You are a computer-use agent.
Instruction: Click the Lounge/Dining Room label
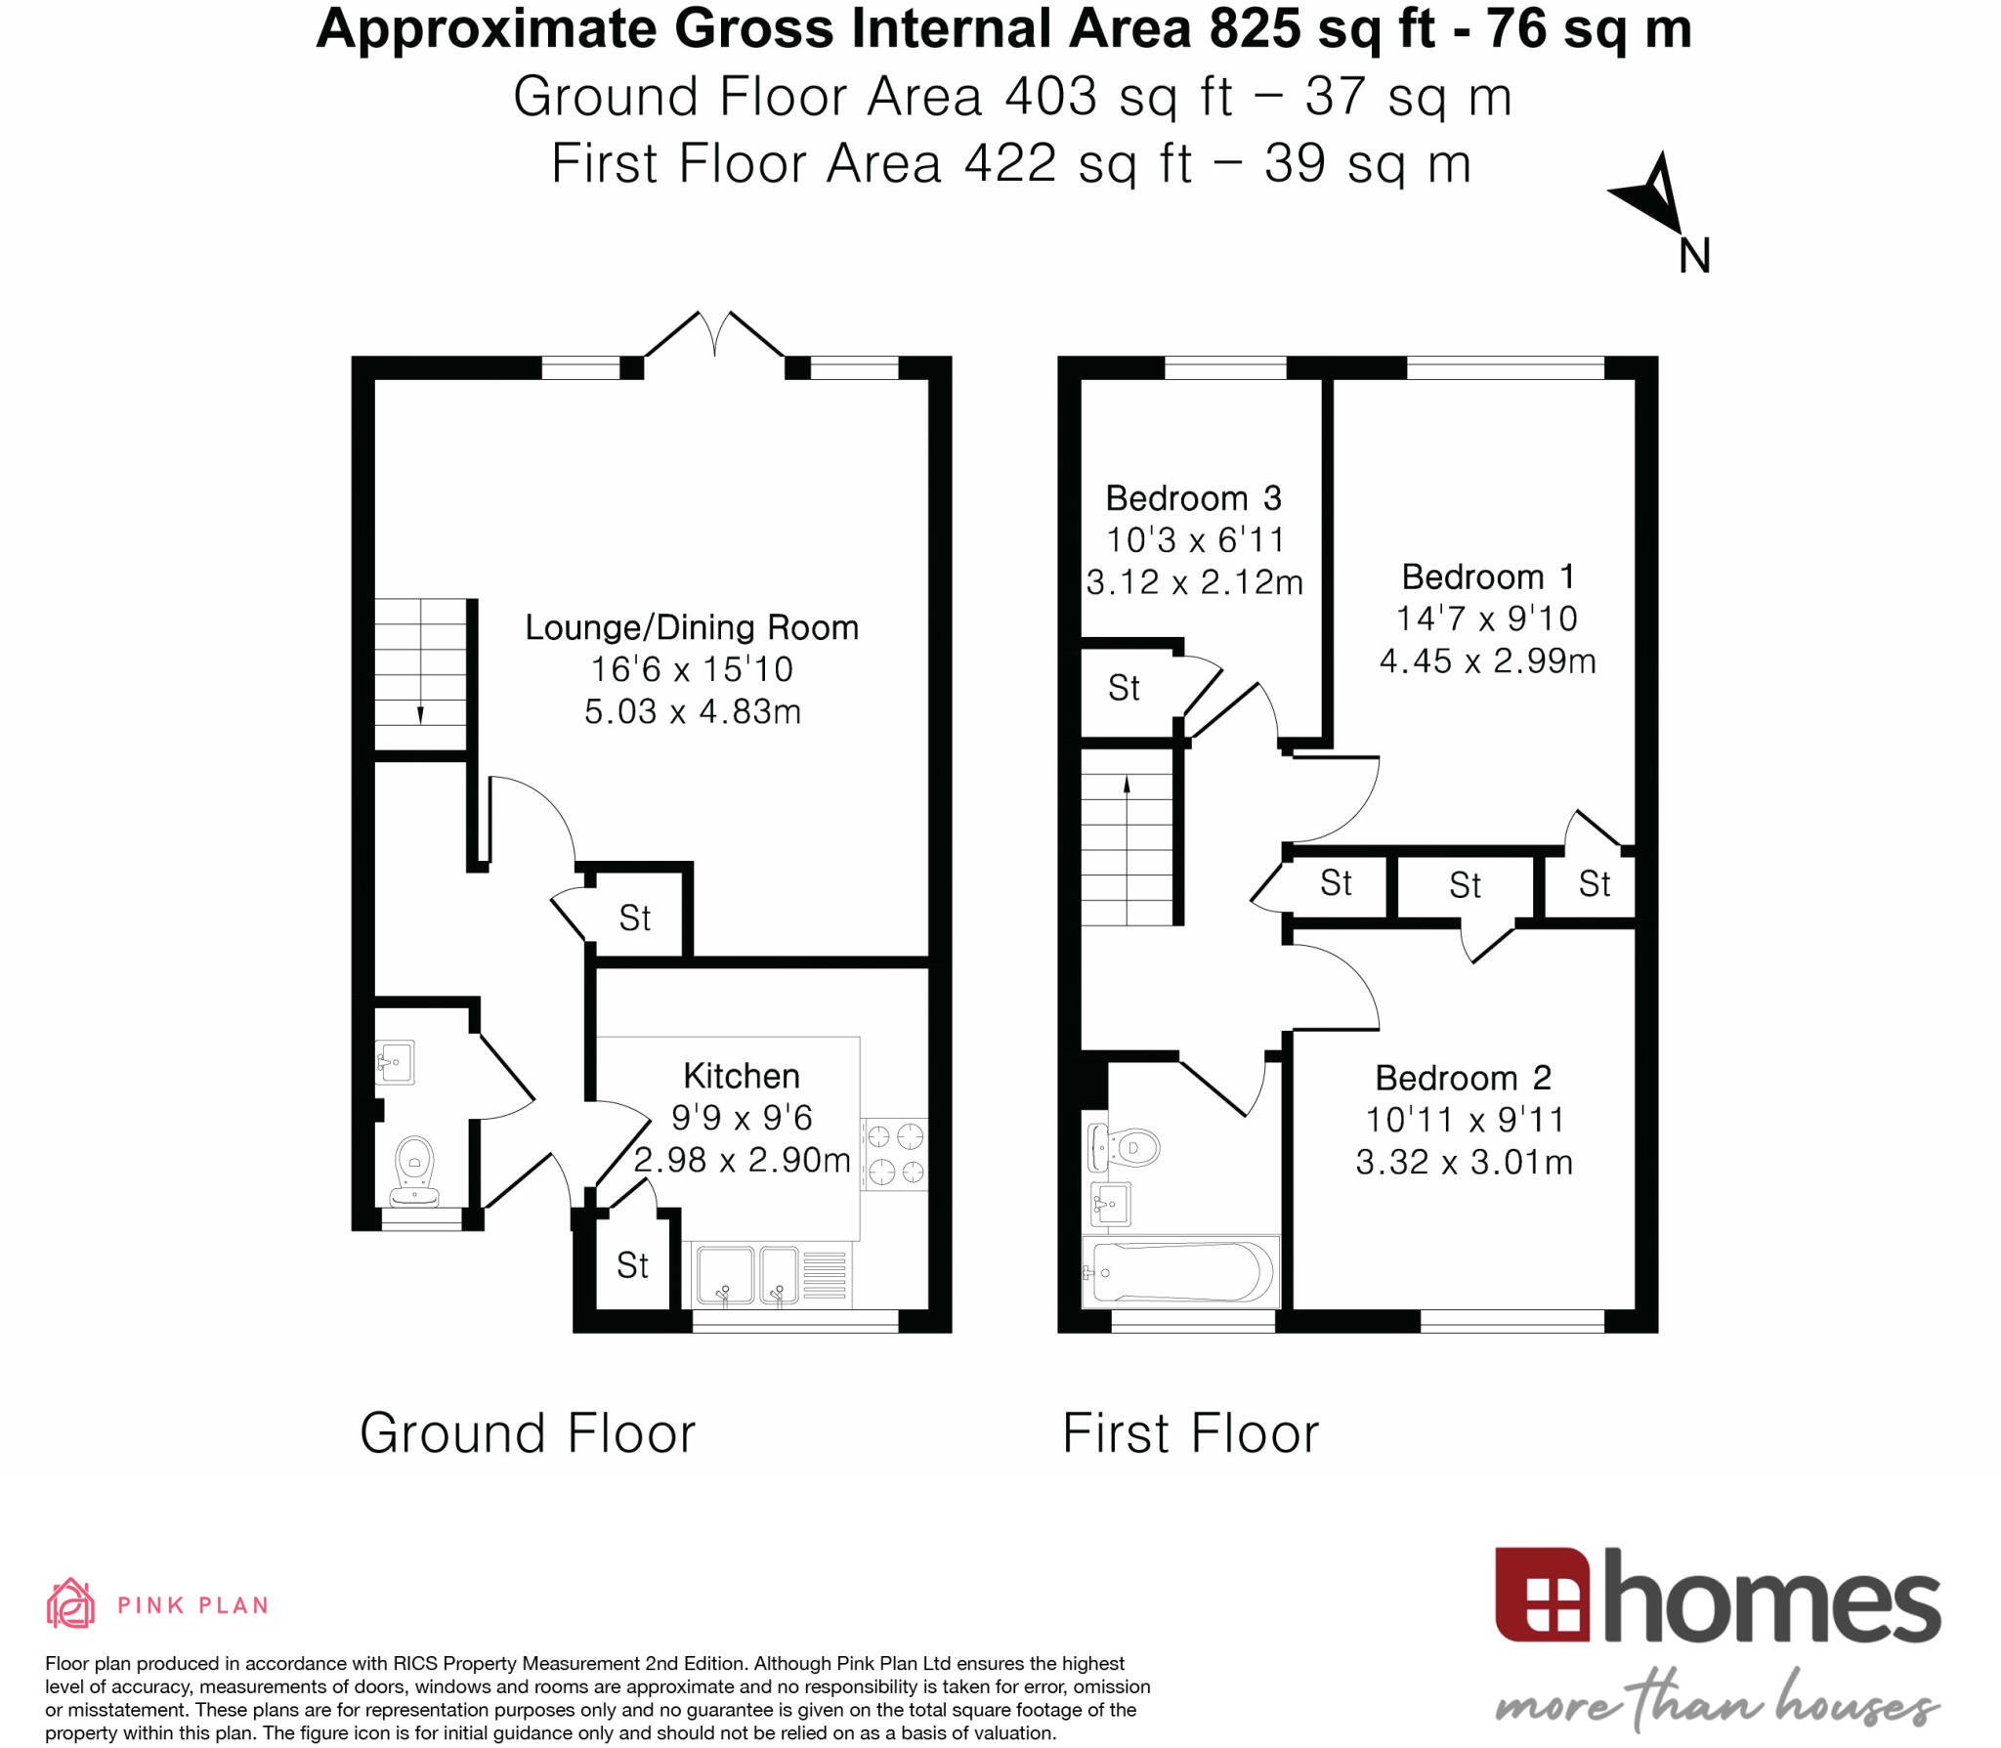click(x=692, y=627)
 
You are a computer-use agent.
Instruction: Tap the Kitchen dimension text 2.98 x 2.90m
click(x=742, y=1160)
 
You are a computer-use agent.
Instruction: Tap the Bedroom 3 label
click(x=1193, y=498)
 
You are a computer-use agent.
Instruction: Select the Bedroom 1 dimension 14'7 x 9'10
click(x=1486, y=618)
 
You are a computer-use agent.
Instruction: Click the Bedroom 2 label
click(x=1463, y=1078)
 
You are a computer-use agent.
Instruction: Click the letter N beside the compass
click(x=1694, y=257)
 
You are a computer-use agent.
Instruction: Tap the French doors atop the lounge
click(x=714, y=335)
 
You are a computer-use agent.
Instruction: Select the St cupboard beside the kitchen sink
click(x=632, y=1266)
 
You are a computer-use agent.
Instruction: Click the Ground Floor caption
click(x=528, y=1433)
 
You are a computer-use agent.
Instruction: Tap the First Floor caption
click(x=1190, y=1433)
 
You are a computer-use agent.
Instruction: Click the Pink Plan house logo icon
click(x=70, y=1604)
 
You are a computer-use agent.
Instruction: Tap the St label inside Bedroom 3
click(x=1124, y=688)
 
